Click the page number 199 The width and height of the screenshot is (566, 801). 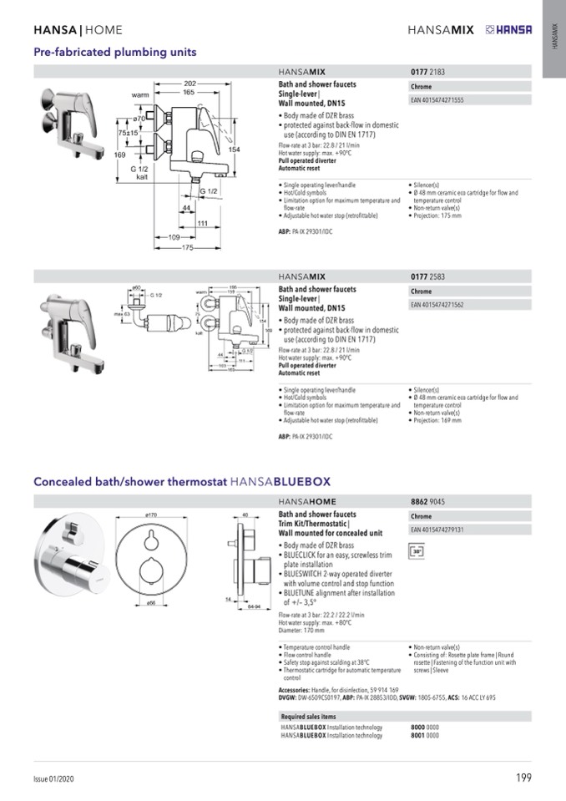523,778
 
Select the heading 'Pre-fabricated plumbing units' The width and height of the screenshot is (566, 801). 115,52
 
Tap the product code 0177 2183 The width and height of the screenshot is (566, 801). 428,73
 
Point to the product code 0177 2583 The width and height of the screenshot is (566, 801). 428,276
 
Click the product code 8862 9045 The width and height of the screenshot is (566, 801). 428,502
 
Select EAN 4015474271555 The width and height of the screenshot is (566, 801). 437,100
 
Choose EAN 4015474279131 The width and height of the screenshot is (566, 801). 437,530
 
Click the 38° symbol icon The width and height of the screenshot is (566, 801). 417,551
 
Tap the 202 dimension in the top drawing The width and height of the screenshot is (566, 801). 190,84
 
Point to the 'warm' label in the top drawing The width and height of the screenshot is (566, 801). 140,95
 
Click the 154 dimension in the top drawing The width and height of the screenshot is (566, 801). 235,149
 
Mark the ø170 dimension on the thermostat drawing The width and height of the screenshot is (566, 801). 152,515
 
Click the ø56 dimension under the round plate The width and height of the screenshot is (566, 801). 152,602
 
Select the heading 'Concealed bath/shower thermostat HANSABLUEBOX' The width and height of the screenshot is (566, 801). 182,482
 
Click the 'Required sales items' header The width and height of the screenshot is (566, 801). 309,717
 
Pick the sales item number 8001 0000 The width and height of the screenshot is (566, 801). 425,736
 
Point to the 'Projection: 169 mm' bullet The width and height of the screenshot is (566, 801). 437,421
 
